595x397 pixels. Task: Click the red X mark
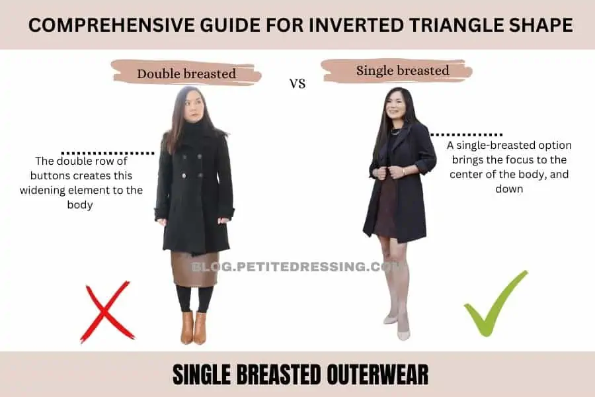tap(107, 312)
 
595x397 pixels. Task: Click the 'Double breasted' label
tap(186, 73)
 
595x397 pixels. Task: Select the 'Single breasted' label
tap(403, 71)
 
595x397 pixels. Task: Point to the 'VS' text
tap(297, 84)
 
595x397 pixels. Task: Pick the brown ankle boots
tap(194, 328)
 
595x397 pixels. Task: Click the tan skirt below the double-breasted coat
tap(194, 269)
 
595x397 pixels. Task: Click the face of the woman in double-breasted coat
tap(193, 109)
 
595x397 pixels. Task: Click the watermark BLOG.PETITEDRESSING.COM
tap(296, 267)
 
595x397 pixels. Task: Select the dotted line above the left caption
tap(108, 154)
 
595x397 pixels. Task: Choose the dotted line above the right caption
tap(466, 134)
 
